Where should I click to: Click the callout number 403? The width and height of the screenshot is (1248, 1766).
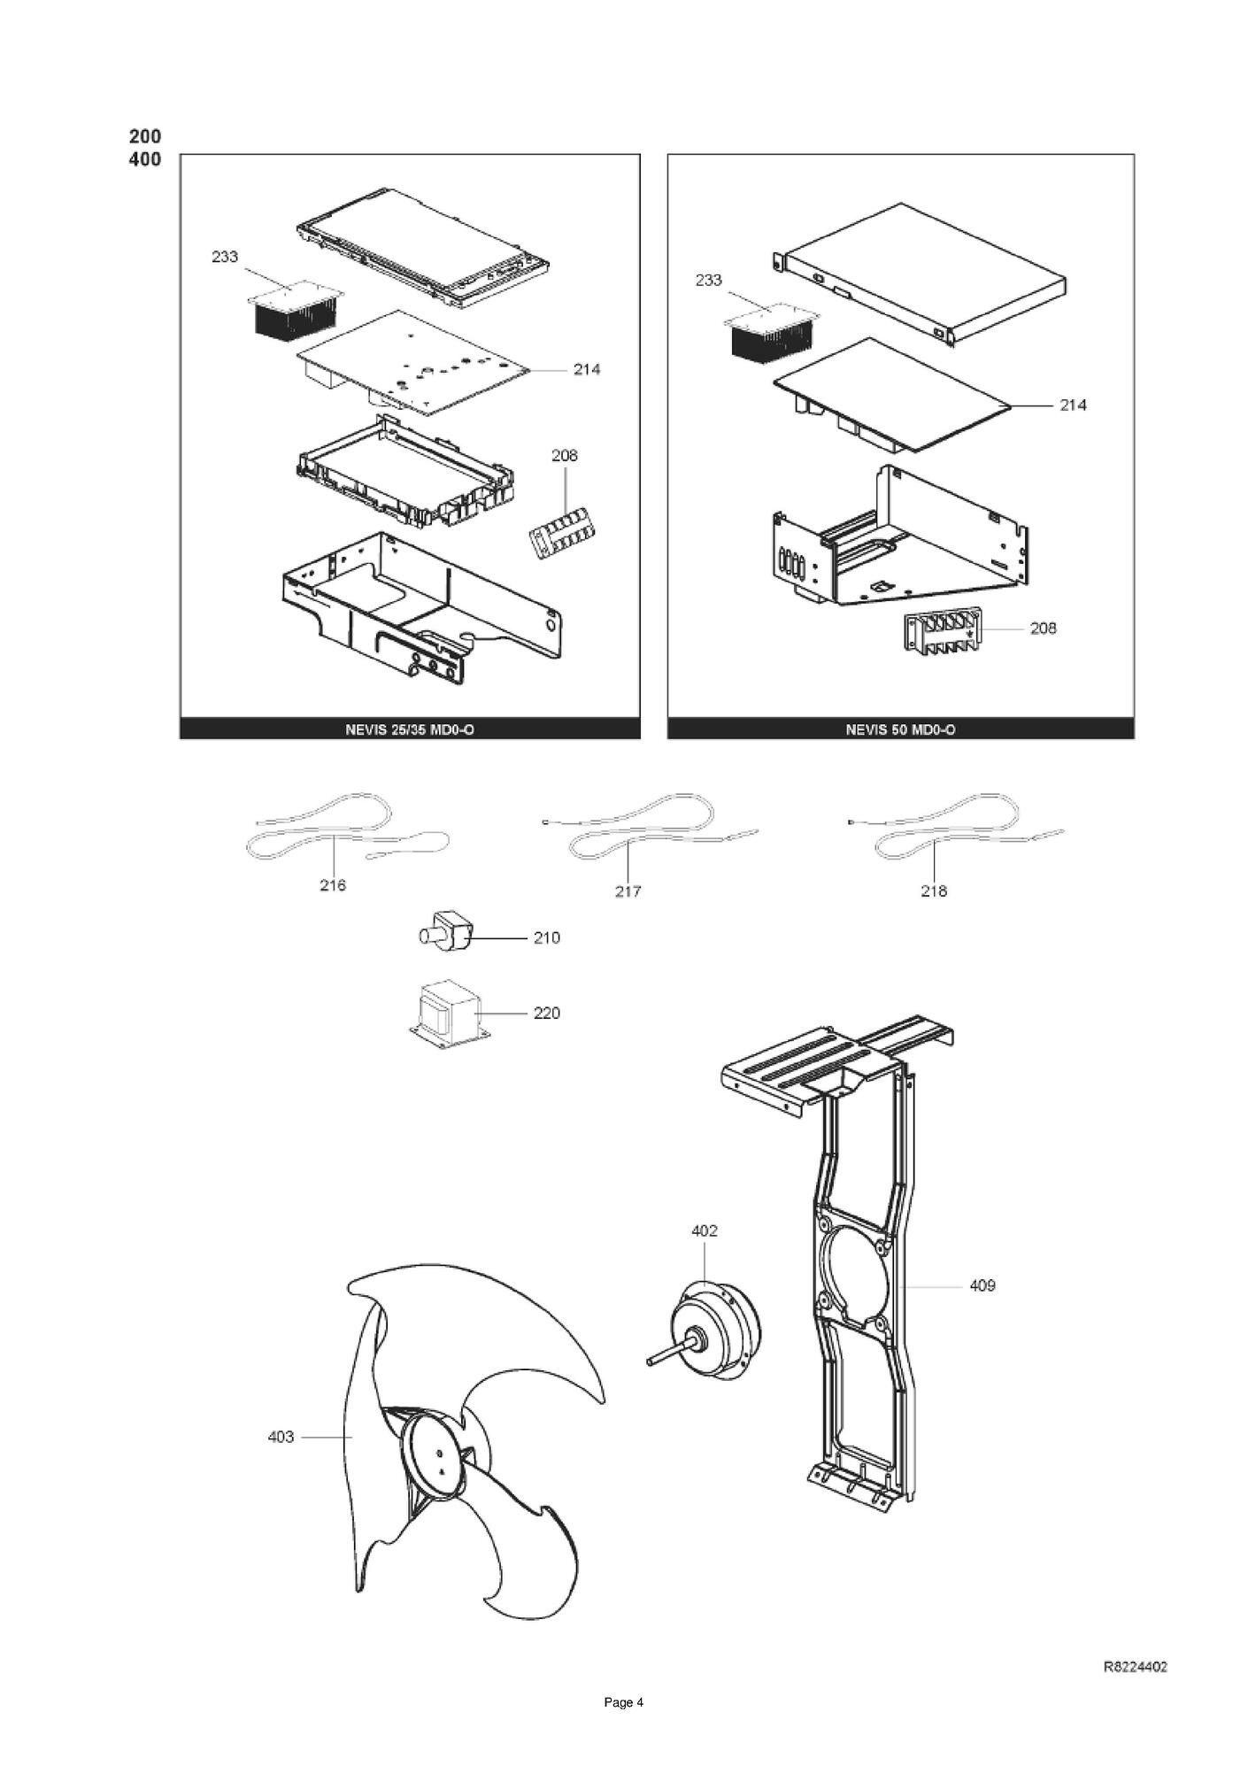coord(281,1436)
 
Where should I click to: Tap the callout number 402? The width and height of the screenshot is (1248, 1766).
coord(705,1230)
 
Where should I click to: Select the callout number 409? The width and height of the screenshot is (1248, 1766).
coord(982,1284)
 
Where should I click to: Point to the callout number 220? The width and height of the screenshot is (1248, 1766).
coord(547,1013)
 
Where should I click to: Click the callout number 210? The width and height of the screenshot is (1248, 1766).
coord(547,937)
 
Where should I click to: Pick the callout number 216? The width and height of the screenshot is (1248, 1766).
coord(333,884)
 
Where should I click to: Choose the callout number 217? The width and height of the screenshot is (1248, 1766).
coord(628,891)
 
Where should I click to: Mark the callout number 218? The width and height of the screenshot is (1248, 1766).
coord(934,891)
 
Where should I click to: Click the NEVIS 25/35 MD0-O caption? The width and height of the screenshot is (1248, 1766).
coord(410,729)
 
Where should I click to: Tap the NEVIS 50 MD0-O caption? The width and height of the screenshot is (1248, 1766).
coord(900,729)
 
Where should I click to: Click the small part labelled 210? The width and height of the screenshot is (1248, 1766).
coord(446,934)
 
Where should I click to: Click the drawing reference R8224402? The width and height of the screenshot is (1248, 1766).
coord(1136,1667)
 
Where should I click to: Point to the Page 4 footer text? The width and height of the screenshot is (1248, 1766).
coord(623,1702)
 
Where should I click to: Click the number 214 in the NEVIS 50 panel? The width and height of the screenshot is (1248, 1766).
coord(1073,405)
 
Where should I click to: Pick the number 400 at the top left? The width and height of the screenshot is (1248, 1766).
coord(145,159)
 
